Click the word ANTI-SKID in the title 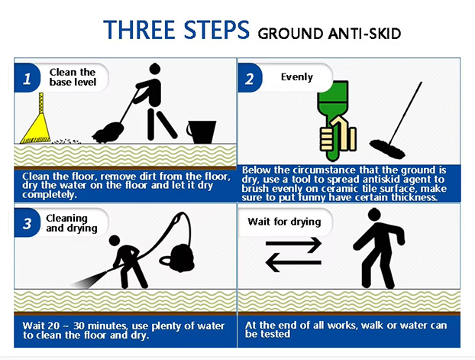[365, 34]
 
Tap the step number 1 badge [27, 78]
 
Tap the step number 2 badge [250, 78]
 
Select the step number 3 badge [27, 223]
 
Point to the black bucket [202, 132]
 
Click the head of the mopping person [155, 69]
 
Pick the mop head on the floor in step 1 [108, 133]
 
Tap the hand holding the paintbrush [338, 134]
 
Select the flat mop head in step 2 [387, 149]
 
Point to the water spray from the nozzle [91, 279]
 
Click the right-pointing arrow [293, 245]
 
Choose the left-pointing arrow [293, 262]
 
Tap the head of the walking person [374, 215]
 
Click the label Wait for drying [284, 222]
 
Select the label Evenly [297, 77]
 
